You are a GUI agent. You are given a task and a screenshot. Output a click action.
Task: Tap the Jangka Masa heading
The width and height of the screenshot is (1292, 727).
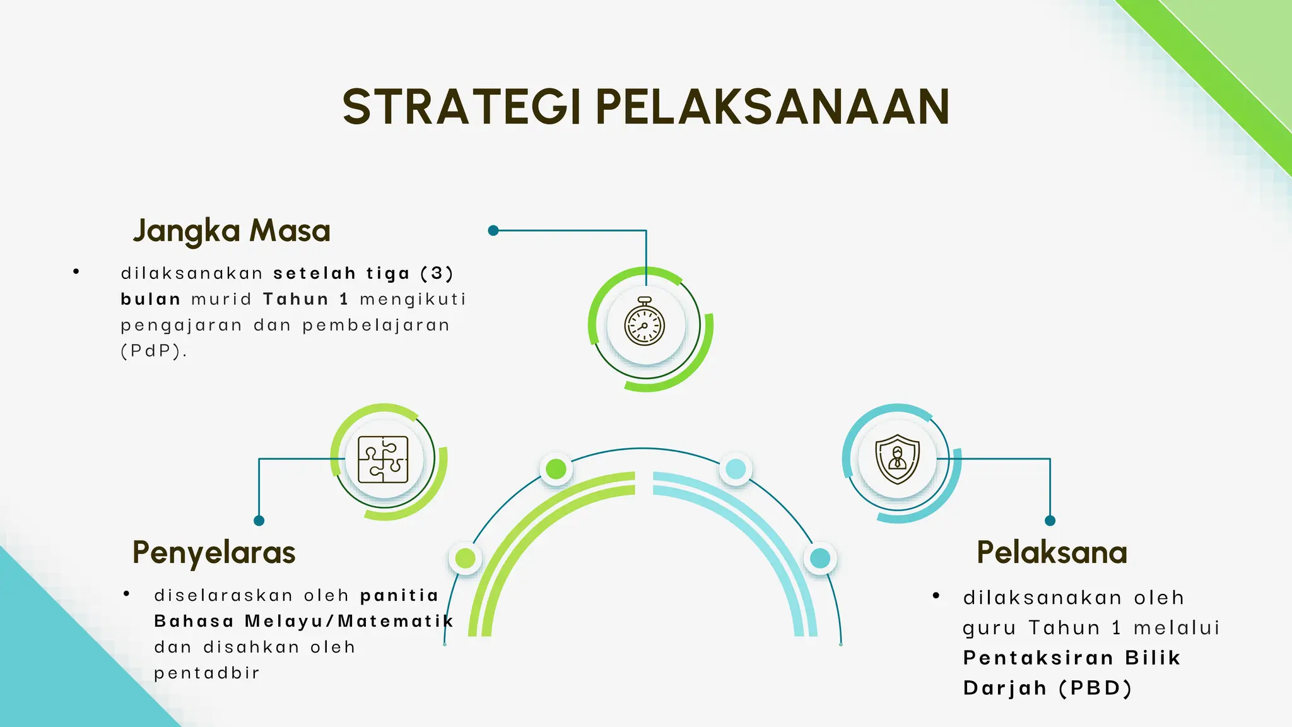232,231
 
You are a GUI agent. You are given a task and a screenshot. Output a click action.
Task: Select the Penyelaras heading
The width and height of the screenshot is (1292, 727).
214,553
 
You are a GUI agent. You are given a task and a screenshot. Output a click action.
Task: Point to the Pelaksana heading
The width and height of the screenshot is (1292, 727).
1052,553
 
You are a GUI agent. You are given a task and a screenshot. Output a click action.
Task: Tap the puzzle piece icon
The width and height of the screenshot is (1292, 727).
383,459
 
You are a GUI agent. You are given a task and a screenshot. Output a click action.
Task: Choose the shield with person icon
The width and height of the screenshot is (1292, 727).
897,459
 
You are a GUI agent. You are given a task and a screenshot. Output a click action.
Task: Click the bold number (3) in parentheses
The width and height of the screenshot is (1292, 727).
437,273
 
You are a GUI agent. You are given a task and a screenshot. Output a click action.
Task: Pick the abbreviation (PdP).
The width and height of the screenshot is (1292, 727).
153,351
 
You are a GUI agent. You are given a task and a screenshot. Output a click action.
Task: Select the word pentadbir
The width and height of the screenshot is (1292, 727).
207,673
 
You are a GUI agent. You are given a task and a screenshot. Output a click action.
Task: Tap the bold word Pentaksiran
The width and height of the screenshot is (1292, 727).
1038,658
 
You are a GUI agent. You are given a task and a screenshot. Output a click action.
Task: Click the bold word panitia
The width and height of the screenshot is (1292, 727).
399,595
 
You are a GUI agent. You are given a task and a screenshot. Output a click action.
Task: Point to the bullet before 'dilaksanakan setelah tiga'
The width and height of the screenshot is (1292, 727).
76,272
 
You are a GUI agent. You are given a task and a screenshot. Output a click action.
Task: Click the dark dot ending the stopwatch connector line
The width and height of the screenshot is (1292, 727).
493,230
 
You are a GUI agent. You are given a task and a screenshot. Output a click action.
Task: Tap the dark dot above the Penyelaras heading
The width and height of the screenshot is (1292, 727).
259,521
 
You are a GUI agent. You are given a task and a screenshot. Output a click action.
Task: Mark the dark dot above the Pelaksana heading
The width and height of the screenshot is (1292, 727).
1050,521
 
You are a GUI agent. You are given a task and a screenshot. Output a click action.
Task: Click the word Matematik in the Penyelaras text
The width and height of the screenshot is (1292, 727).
396,621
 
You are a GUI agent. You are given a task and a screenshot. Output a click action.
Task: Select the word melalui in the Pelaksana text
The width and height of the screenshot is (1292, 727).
1177,628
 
